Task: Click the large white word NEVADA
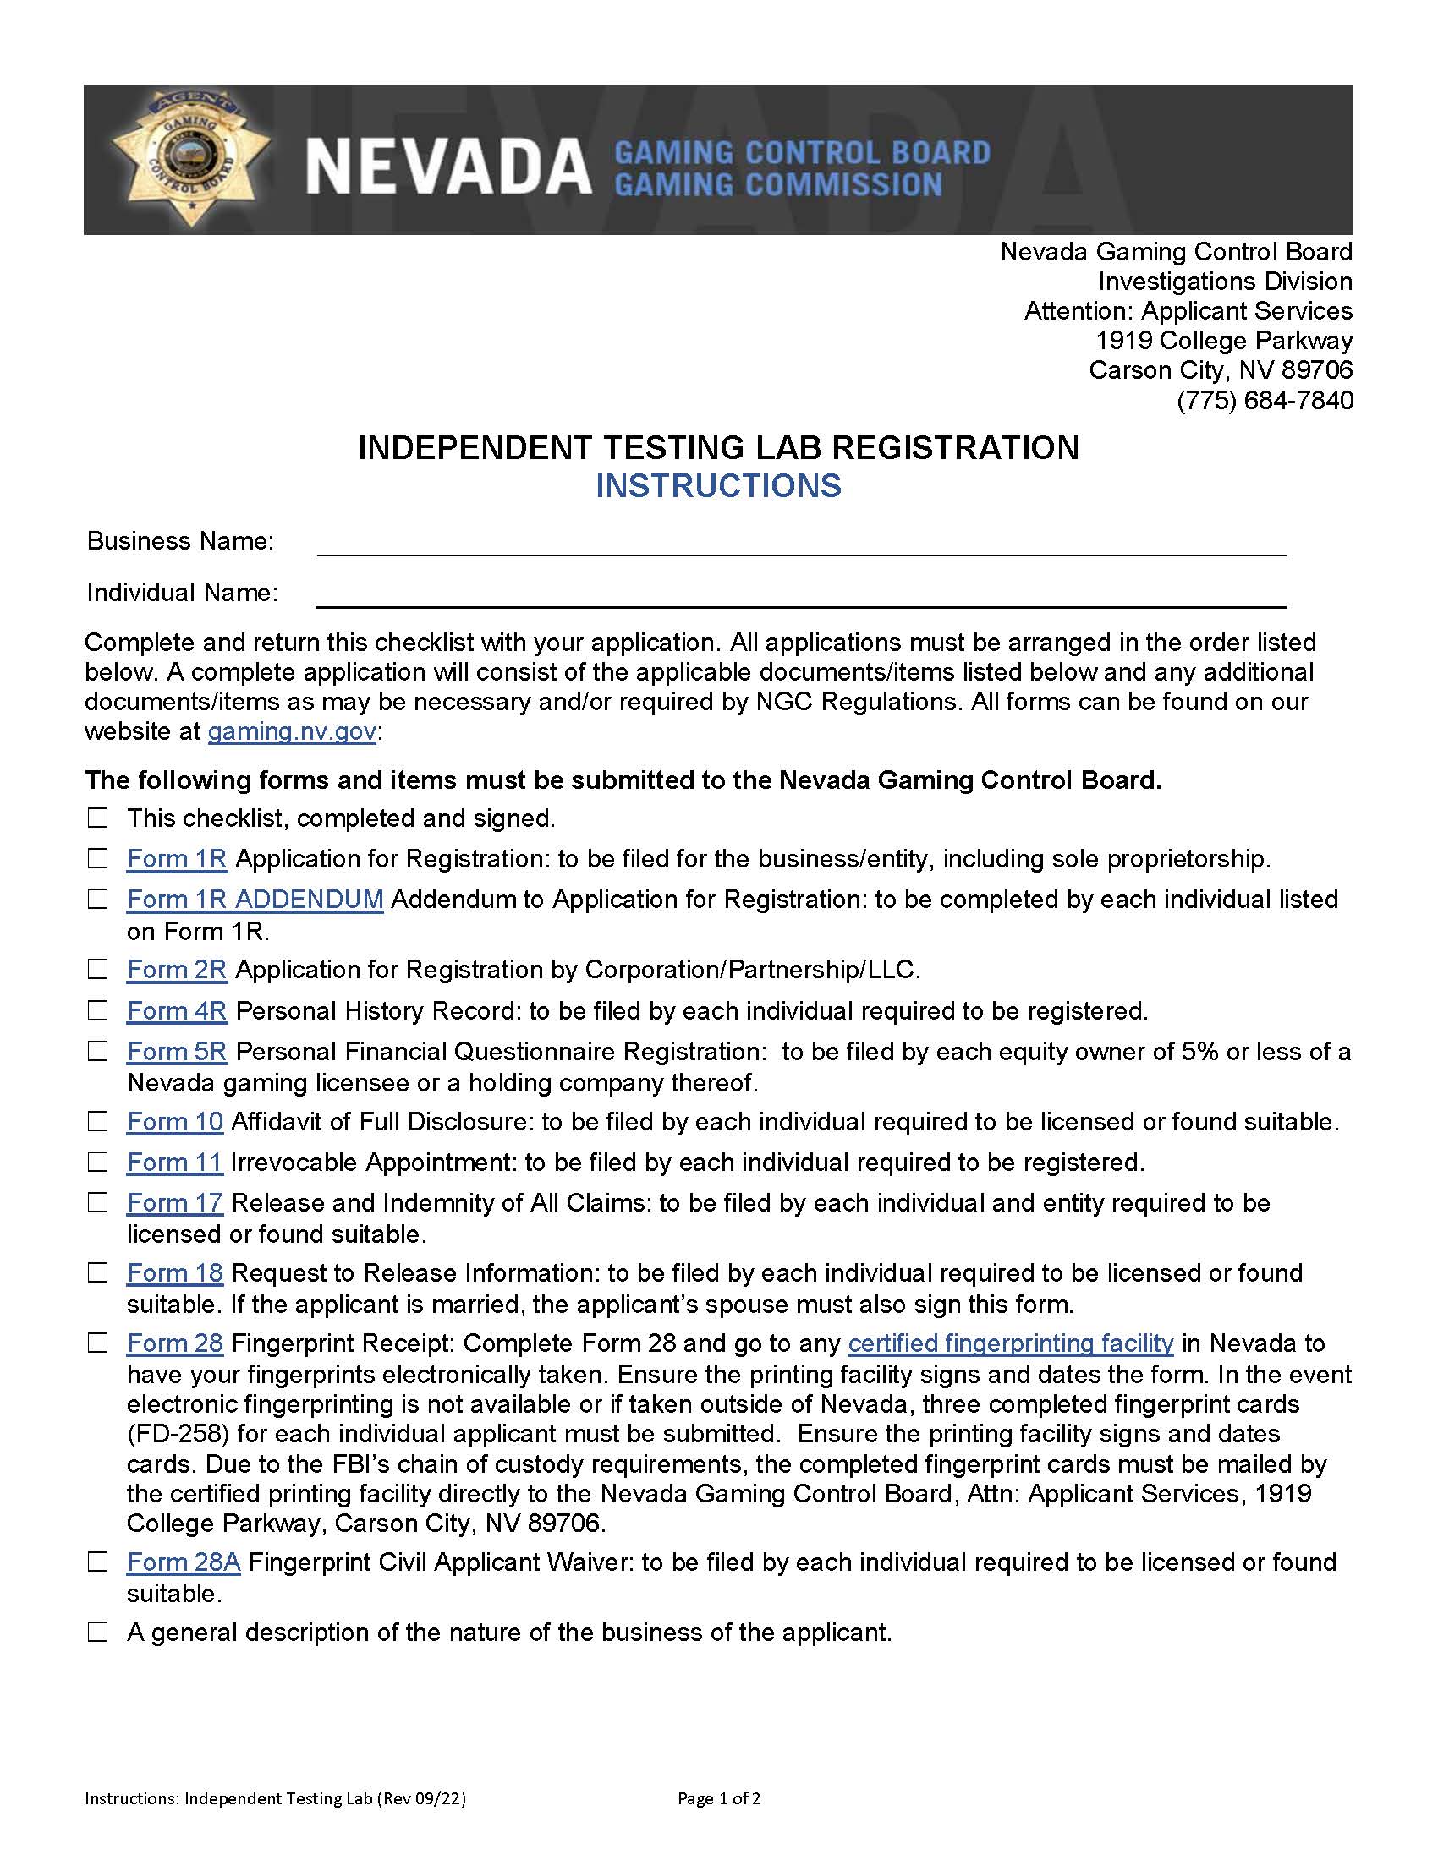pyautogui.click(x=448, y=166)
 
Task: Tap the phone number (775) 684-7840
pyautogui.click(x=1265, y=400)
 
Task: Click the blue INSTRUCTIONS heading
pyautogui.click(x=718, y=485)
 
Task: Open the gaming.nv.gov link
pyautogui.click(x=291, y=731)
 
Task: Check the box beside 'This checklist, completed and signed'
pyautogui.click(x=99, y=818)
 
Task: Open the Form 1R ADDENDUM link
pyautogui.click(x=255, y=900)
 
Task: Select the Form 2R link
pyautogui.click(x=176, y=969)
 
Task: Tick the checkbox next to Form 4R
pyautogui.click(x=99, y=1011)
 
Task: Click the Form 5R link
pyautogui.click(x=176, y=1052)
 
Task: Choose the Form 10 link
pyautogui.click(x=174, y=1122)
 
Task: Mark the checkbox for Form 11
pyautogui.click(x=99, y=1162)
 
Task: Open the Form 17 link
pyautogui.click(x=174, y=1202)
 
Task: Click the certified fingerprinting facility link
pyautogui.click(x=1010, y=1343)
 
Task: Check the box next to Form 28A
pyautogui.click(x=99, y=1562)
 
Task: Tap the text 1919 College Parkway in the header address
pyautogui.click(x=1223, y=341)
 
